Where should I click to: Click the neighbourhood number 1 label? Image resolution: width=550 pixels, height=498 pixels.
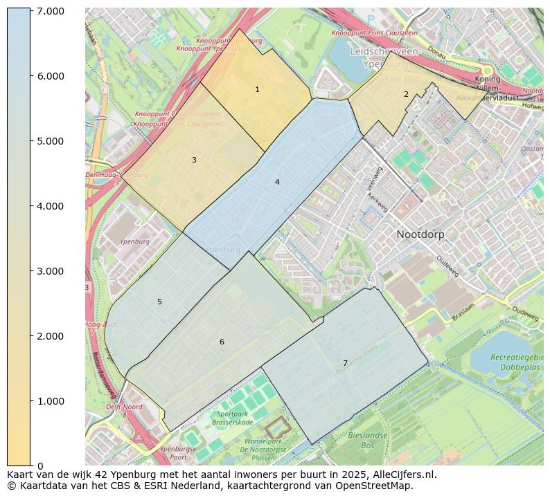click(257, 90)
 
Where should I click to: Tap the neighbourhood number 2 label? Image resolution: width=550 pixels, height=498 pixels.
click(406, 95)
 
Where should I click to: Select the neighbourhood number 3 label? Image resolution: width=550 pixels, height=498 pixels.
click(194, 160)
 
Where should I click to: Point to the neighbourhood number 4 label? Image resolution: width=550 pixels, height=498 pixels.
click(277, 183)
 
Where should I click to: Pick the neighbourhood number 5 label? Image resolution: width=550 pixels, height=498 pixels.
click(159, 302)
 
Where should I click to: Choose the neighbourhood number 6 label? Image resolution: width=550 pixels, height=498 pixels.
click(222, 342)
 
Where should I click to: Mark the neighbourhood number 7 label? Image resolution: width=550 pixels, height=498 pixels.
click(345, 364)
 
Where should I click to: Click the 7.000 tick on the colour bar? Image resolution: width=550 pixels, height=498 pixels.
click(50, 11)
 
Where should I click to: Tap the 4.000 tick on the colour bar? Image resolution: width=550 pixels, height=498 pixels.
click(50, 206)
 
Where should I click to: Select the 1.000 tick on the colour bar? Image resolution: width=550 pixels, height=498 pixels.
click(50, 401)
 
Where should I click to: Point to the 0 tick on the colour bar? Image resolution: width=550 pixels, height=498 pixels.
click(40, 466)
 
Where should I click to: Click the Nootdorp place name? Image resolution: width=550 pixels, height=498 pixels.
click(420, 234)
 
